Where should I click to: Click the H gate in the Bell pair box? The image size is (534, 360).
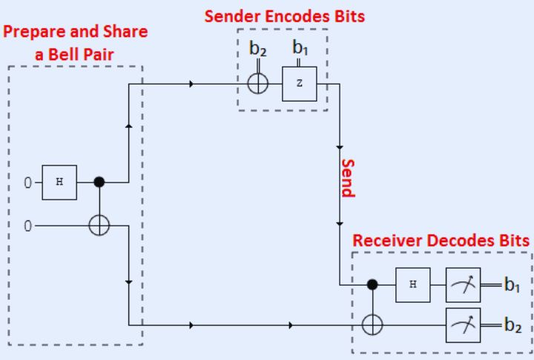point(59,182)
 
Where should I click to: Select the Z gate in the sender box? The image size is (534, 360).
point(299,84)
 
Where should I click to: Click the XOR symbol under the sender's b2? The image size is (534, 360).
point(257,83)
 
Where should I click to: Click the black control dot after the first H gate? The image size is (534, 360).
point(99,182)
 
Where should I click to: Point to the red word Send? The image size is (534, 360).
point(347,178)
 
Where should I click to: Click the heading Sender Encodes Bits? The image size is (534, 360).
point(294,16)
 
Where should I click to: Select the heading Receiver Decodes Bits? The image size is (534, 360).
point(441,240)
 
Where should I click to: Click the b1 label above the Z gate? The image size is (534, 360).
point(300,48)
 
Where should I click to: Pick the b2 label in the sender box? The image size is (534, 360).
point(257,50)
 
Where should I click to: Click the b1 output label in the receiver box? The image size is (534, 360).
point(512,286)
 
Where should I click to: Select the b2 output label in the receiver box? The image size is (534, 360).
point(512,325)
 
